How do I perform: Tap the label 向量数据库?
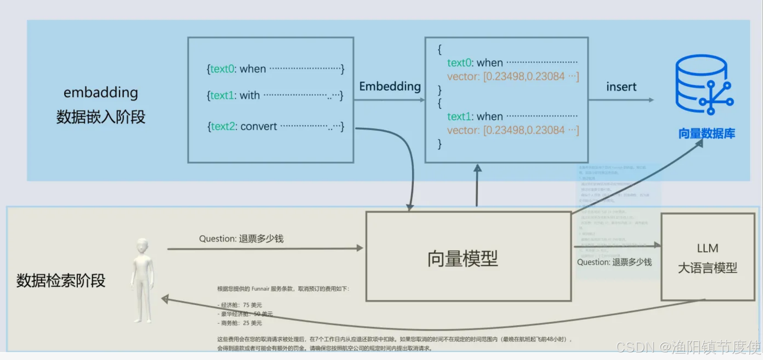tap(707, 134)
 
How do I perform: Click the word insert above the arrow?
tap(621, 87)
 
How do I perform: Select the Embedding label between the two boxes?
tap(390, 86)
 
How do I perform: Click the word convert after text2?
tap(258, 126)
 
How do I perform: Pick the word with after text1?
tap(249, 95)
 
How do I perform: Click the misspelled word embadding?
tap(101, 92)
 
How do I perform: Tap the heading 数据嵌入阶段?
tap(101, 117)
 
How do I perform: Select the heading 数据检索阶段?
tap(60, 280)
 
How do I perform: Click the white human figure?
tap(142, 280)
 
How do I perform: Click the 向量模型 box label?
tap(462, 259)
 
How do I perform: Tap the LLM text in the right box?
tap(707, 248)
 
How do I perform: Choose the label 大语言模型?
tap(707, 268)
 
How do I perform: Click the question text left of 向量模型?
tap(241, 239)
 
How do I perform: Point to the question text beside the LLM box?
tap(614, 262)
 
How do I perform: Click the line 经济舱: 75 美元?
tap(240, 305)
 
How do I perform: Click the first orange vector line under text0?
tap(513, 76)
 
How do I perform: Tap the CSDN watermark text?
tap(688, 347)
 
